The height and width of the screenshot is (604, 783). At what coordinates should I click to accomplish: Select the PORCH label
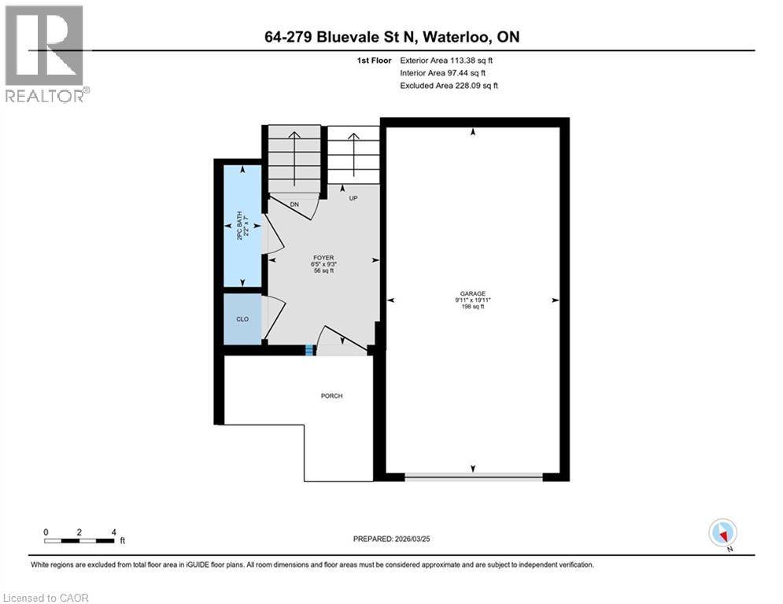331,396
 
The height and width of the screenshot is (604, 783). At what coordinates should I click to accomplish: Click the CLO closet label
242,319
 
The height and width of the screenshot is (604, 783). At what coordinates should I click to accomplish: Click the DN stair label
294,204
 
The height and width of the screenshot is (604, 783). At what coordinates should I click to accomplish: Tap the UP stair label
353,198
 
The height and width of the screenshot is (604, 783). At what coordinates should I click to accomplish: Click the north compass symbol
722,533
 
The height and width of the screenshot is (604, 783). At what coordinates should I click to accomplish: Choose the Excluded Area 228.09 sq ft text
449,85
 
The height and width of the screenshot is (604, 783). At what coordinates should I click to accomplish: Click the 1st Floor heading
373,60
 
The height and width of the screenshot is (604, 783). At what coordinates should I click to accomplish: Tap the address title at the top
391,37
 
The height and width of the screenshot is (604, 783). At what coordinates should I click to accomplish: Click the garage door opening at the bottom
473,477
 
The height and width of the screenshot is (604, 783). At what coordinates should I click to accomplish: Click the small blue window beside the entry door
309,351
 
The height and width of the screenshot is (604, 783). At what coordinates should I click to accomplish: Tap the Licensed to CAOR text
46,598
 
